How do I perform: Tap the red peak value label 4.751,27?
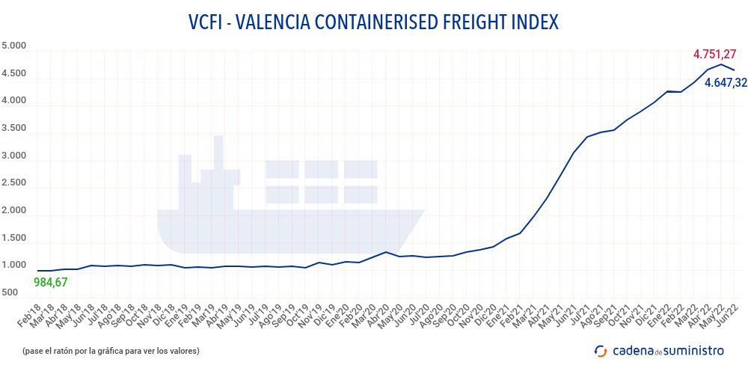(x=714, y=54)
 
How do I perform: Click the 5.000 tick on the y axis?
(x=13, y=46)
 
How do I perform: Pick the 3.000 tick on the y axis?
(x=13, y=156)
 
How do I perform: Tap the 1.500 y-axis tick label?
(x=13, y=239)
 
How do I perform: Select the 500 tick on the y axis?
(x=10, y=293)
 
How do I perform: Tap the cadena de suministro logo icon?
(x=600, y=350)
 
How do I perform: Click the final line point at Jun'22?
(x=735, y=70)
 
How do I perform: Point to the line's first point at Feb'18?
(x=37, y=271)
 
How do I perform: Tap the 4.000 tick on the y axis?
(x=13, y=101)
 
